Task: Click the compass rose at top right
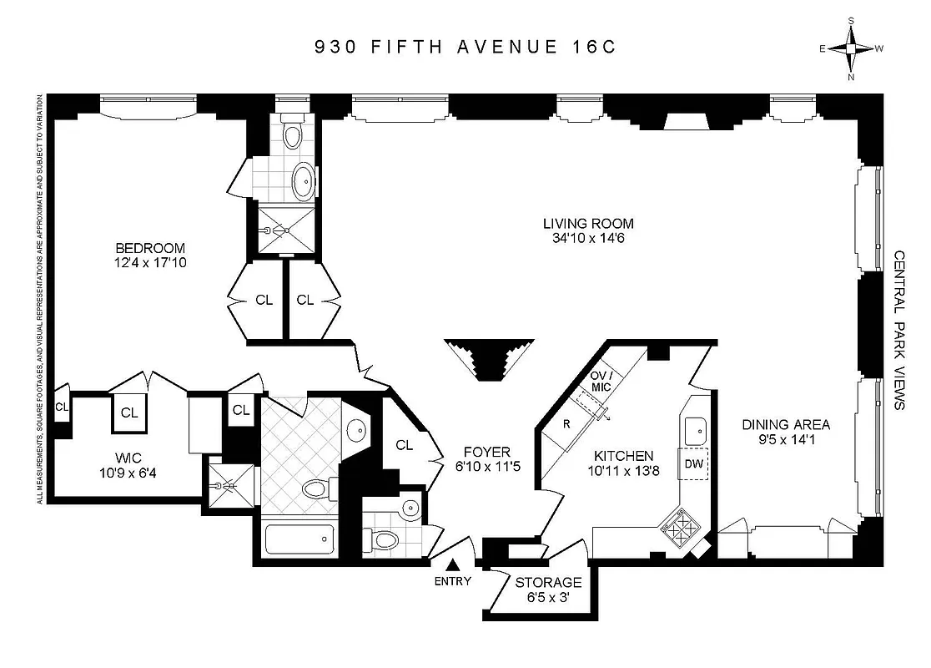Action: pyautogui.click(x=851, y=48)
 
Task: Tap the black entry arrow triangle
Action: pyautogui.click(x=453, y=567)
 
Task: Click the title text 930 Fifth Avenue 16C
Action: pyautogui.click(x=465, y=46)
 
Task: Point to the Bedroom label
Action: pyautogui.click(x=150, y=248)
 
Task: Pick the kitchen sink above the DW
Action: pyautogui.click(x=694, y=431)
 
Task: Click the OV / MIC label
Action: pyautogui.click(x=602, y=380)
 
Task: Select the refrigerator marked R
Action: pyautogui.click(x=566, y=423)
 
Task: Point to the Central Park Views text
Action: pyautogui.click(x=898, y=330)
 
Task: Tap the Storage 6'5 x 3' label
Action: pyautogui.click(x=548, y=590)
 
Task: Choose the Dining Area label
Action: pyautogui.click(x=786, y=432)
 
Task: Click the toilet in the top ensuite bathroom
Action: pyautogui.click(x=292, y=134)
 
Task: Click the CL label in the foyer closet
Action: pyautogui.click(x=405, y=445)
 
